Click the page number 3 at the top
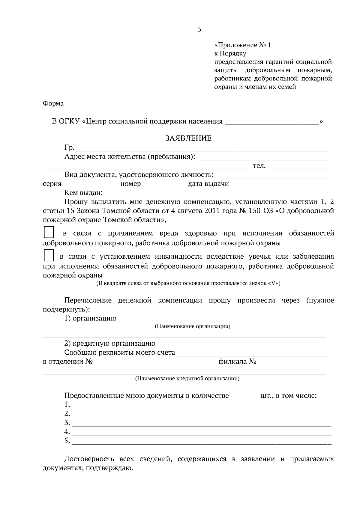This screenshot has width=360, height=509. click(x=199, y=29)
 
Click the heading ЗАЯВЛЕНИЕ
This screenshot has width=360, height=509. click(x=188, y=138)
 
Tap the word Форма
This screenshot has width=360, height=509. click(x=53, y=103)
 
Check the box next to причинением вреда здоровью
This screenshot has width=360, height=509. click(x=49, y=233)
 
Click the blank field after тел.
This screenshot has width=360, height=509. click(x=299, y=166)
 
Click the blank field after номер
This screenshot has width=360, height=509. click(x=164, y=184)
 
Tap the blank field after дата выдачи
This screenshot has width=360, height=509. click(x=280, y=184)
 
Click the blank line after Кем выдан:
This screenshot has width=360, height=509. click(x=216, y=193)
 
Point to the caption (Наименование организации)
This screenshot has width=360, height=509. click(x=192, y=326)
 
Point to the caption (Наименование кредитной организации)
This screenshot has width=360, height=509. click(x=187, y=379)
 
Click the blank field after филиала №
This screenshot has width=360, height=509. click(x=293, y=362)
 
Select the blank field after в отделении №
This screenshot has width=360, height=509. click(x=155, y=362)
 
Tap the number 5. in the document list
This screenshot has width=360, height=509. click(x=67, y=441)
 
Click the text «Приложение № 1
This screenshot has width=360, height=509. click(x=242, y=45)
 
